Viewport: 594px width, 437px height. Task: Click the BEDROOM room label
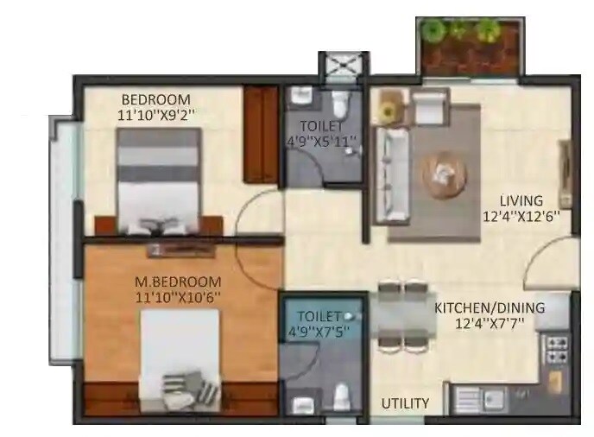155,98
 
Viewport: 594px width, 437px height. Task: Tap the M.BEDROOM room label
178,282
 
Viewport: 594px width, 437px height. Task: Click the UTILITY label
406,402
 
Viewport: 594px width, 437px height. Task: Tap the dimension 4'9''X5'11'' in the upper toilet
322,139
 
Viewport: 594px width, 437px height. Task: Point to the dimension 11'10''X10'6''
178,298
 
